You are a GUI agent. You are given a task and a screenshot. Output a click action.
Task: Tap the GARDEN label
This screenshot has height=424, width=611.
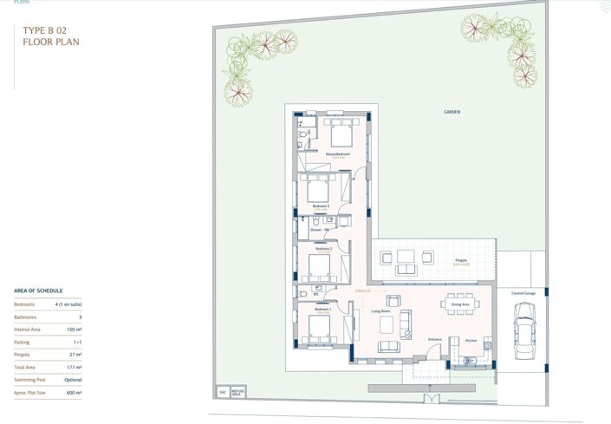(452, 113)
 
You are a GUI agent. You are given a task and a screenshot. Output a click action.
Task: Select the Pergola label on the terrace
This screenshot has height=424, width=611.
(438, 259)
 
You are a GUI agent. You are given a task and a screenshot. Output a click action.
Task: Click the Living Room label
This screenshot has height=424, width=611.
(384, 310)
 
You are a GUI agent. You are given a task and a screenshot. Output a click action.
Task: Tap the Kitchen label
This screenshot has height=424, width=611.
(471, 341)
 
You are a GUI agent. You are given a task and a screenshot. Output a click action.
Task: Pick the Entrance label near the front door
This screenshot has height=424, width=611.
(435, 339)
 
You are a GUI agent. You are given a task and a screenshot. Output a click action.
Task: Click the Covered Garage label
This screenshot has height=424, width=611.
(523, 294)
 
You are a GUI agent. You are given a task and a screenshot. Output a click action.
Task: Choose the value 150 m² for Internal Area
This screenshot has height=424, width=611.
(73, 329)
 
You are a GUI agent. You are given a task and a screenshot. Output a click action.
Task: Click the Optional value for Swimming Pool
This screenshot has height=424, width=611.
(73, 380)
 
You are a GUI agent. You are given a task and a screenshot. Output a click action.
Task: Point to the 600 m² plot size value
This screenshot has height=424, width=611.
(73, 393)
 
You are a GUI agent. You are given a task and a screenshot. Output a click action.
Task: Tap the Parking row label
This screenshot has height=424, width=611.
(23, 342)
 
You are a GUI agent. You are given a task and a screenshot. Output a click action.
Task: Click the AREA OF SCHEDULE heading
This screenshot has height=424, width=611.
(38, 290)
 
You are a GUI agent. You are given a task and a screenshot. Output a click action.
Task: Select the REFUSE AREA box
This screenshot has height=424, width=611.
(237, 392)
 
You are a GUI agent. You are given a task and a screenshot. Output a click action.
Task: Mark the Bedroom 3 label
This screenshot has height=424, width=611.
(322, 205)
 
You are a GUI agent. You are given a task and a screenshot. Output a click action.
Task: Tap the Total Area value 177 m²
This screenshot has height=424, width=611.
(73, 367)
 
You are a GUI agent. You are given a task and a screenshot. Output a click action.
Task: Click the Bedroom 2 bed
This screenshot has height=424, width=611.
(321, 265)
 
